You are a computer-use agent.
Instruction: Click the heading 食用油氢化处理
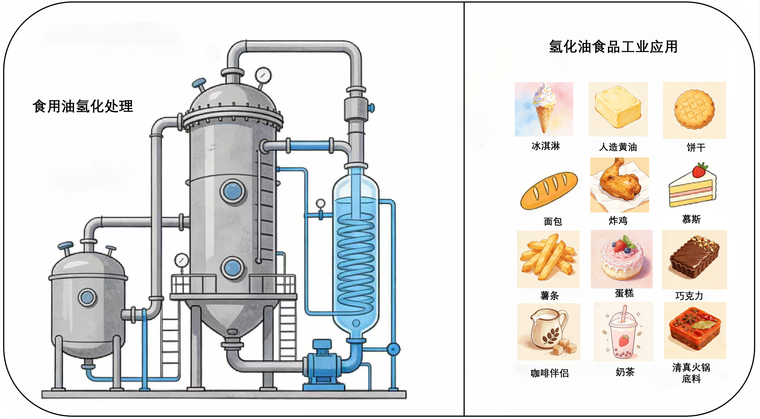(83, 106)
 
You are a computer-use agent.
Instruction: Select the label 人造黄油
(618, 147)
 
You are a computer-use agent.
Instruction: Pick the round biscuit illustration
(694, 109)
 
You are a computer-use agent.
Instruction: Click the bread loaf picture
(549, 191)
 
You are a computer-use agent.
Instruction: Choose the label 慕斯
(691, 219)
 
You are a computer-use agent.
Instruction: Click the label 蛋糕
(624, 293)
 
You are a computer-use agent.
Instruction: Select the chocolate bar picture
(694, 257)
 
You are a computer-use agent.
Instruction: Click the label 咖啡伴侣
(549, 373)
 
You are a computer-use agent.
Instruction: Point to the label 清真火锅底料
(691, 373)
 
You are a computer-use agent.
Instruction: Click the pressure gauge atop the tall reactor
(263, 75)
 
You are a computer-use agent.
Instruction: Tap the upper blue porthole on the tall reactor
(232, 191)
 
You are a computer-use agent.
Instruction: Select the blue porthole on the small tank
(87, 297)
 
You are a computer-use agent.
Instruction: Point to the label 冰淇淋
(545, 146)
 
